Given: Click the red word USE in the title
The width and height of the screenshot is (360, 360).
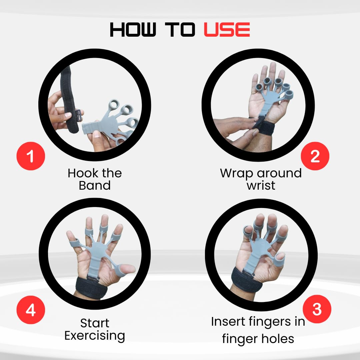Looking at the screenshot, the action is click(x=227, y=30).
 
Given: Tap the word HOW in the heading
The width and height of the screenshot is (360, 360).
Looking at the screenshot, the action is click(x=133, y=30).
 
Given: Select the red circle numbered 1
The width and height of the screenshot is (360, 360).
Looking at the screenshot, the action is click(x=31, y=156).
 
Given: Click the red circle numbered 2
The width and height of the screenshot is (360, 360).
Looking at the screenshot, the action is click(x=315, y=156).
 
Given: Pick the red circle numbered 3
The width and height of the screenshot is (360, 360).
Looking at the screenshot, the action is click(x=317, y=309).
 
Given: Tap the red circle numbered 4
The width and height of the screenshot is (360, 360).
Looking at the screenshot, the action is click(x=31, y=310).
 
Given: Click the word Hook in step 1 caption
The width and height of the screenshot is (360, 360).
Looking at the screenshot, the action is click(x=83, y=173).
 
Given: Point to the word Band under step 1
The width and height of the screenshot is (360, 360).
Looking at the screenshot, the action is click(x=95, y=185).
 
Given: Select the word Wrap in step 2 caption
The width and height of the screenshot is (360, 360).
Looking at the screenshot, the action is click(x=237, y=174).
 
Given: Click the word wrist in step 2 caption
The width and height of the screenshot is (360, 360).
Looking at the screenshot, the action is click(x=261, y=185).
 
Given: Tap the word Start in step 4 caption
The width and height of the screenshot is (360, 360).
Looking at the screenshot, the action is click(x=95, y=323).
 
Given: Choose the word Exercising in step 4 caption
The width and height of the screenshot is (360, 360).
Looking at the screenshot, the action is click(x=95, y=336).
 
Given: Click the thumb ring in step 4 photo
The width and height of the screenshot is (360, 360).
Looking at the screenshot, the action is click(x=121, y=271).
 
